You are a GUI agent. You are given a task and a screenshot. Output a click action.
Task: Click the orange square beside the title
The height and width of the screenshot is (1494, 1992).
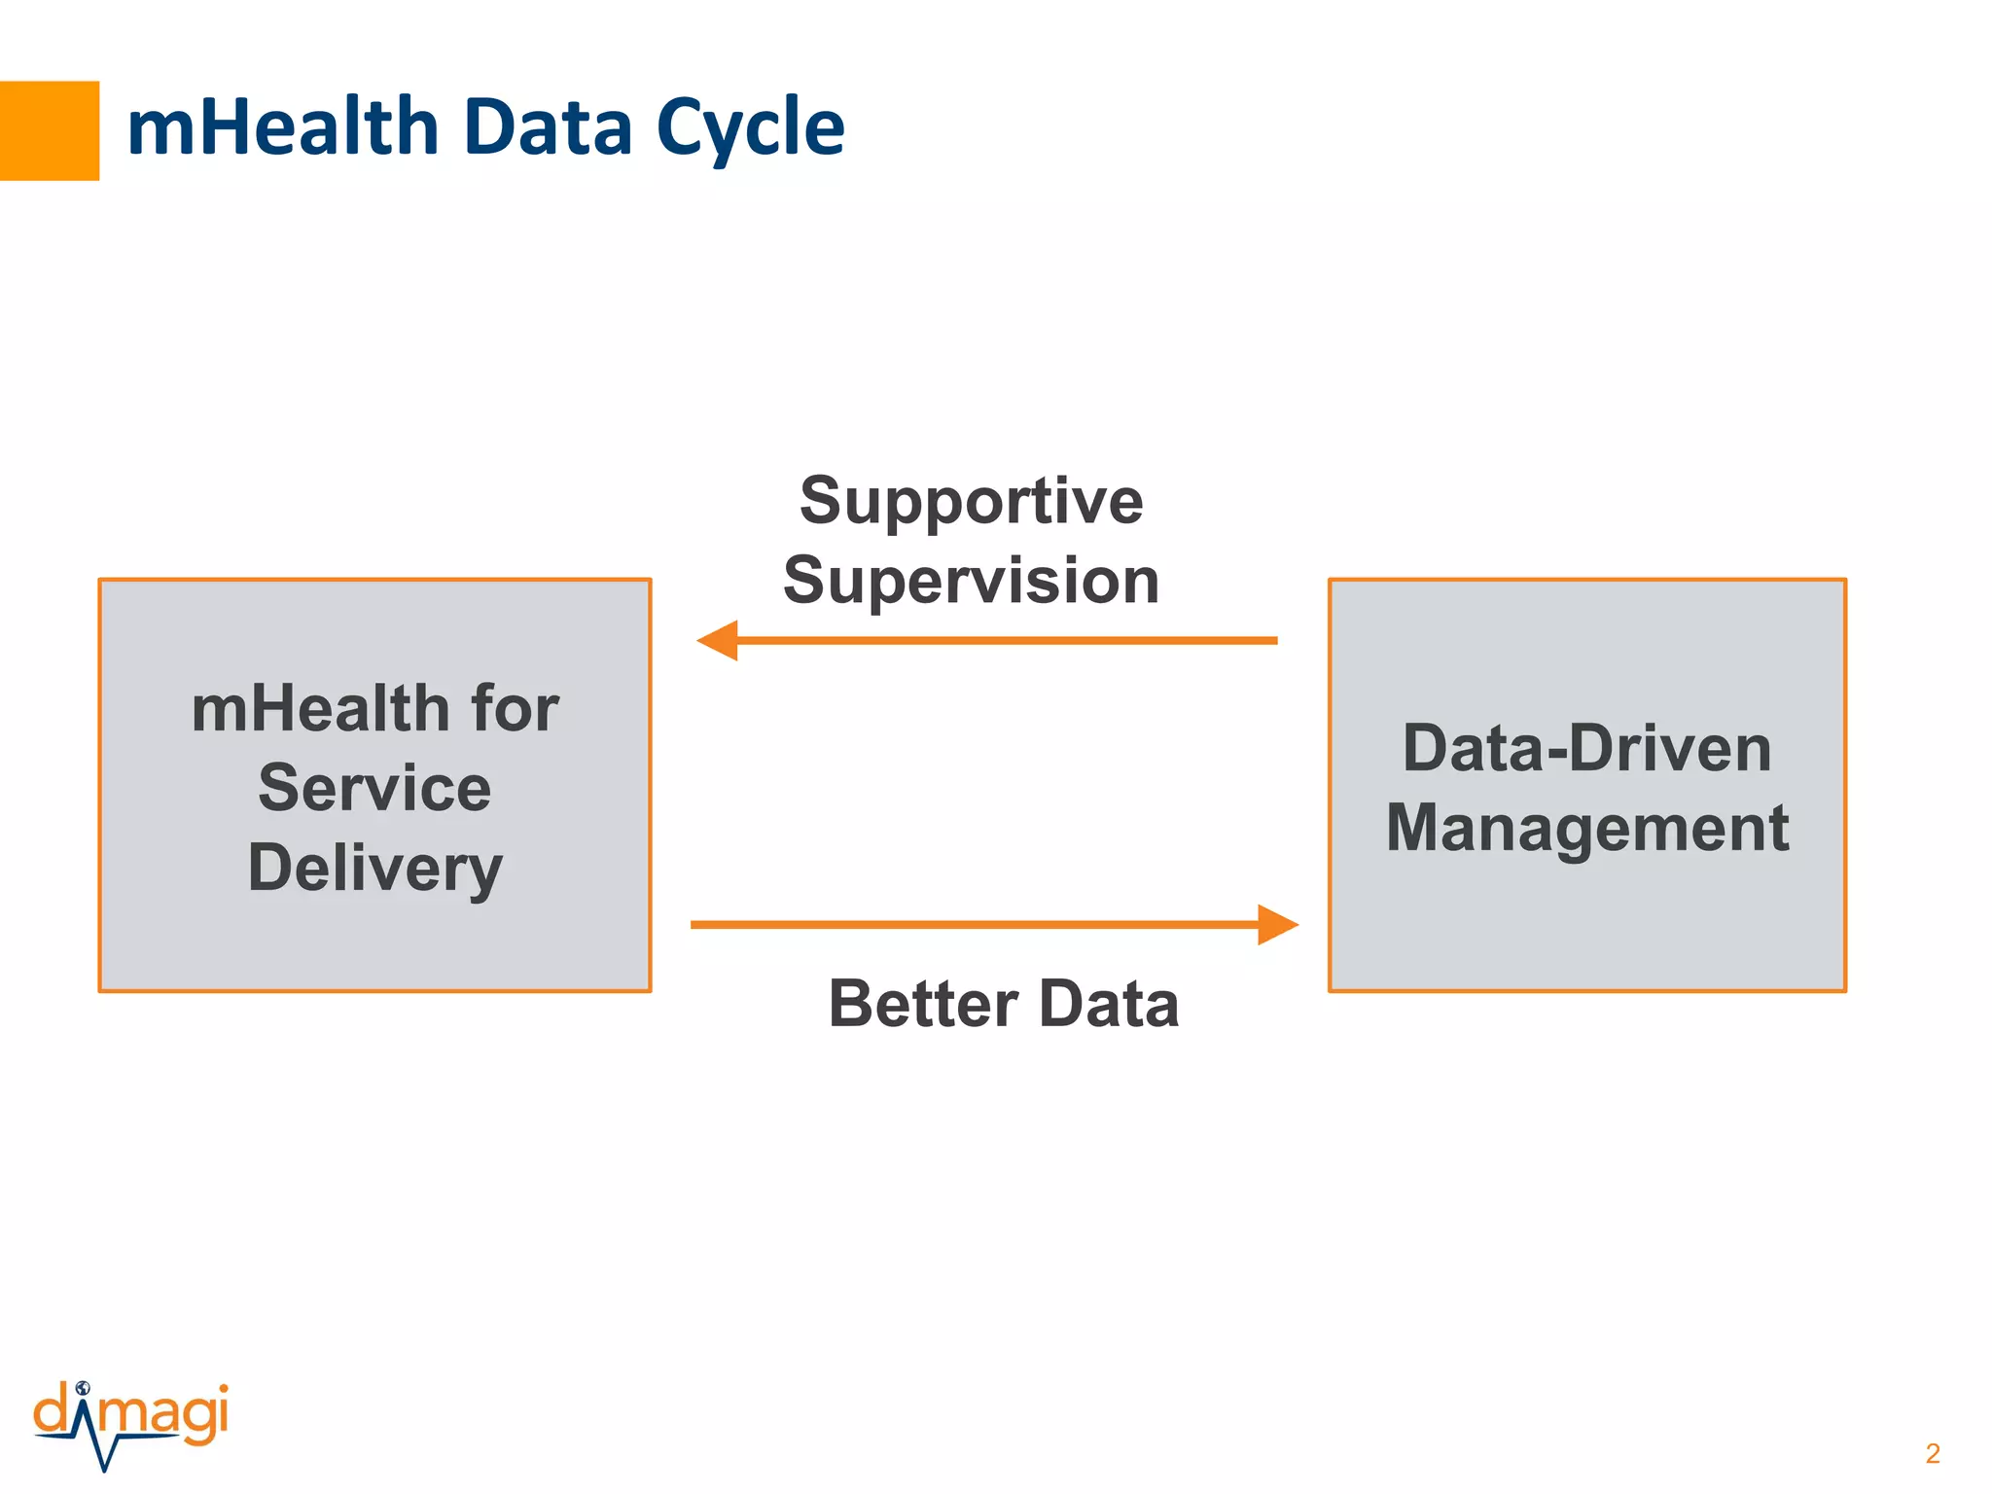pyautogui.click(x=49, y=130)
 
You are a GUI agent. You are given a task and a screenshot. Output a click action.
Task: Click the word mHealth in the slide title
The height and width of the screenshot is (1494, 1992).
pyautogui.click(x=283, y=127)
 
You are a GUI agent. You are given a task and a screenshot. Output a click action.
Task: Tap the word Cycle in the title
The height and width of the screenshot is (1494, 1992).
pyautogui.click(x=750, y=129)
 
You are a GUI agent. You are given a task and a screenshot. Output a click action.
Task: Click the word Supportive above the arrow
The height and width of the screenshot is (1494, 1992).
pyautogui.click(x=971, y=501)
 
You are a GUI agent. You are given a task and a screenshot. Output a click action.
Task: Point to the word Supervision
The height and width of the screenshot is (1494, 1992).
pyautogui.click(x=971, y=581)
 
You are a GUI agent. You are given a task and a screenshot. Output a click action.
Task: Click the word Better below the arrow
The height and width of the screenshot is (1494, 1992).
pyautogui.click(x=923, y=1004)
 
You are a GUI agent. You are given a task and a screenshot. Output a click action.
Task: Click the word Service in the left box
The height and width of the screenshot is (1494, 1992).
pyautogui.click(x=374, y=788)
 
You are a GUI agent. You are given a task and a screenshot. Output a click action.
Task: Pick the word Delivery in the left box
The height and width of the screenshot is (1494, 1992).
pyautogui.click(x=374, y=869)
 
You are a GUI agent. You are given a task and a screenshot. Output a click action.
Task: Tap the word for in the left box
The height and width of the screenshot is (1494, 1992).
pyautogui.click(x=515, y=708)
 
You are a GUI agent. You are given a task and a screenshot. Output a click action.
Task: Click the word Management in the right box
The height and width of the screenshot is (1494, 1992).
pyautogui.click(x=1586, y=829)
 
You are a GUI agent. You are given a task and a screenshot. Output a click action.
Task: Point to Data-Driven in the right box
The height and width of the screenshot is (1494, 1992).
pyautogui.click(x=1586, y=749)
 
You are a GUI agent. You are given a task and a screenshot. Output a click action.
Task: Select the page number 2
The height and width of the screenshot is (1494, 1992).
pyautogui.click(x=1932, y=1453)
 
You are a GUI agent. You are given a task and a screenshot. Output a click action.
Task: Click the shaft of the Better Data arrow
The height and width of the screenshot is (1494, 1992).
pyautogui.click(x=973, y=924)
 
